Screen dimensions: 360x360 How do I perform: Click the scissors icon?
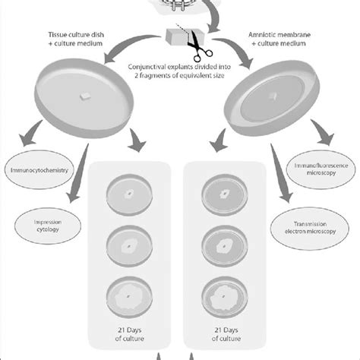coord(200,48)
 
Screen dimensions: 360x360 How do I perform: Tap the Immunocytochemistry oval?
coord(39,170)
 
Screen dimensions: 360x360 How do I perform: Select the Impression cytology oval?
coord(48,226)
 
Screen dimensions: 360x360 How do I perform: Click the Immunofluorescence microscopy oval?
coord(321,169)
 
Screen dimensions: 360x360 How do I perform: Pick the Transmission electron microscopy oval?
coord(310,228)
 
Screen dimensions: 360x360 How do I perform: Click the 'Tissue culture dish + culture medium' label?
coord(76,39)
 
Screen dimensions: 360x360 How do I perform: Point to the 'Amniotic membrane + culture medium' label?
coord(279,39)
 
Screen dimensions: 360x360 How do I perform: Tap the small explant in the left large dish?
coord(85,96)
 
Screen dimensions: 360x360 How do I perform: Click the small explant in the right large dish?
coord(273,96)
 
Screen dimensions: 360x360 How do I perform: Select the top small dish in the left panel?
coord(129,194)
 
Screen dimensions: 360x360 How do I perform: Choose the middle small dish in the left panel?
coord(129,246)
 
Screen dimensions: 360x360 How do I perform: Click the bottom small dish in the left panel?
coord(129,297)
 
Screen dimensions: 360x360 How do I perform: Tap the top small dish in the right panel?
coord(225,194)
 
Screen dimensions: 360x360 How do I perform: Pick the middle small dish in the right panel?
coord(225,246)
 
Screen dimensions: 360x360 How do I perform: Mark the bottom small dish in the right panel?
coord(225,297)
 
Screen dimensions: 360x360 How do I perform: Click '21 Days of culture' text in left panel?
coord(129,334)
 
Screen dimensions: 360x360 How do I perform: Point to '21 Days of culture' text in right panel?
coord(226,334)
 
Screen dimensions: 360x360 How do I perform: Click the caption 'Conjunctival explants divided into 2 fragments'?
coord(179,71)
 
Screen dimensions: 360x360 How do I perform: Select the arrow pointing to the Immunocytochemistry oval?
coord(30,134)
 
